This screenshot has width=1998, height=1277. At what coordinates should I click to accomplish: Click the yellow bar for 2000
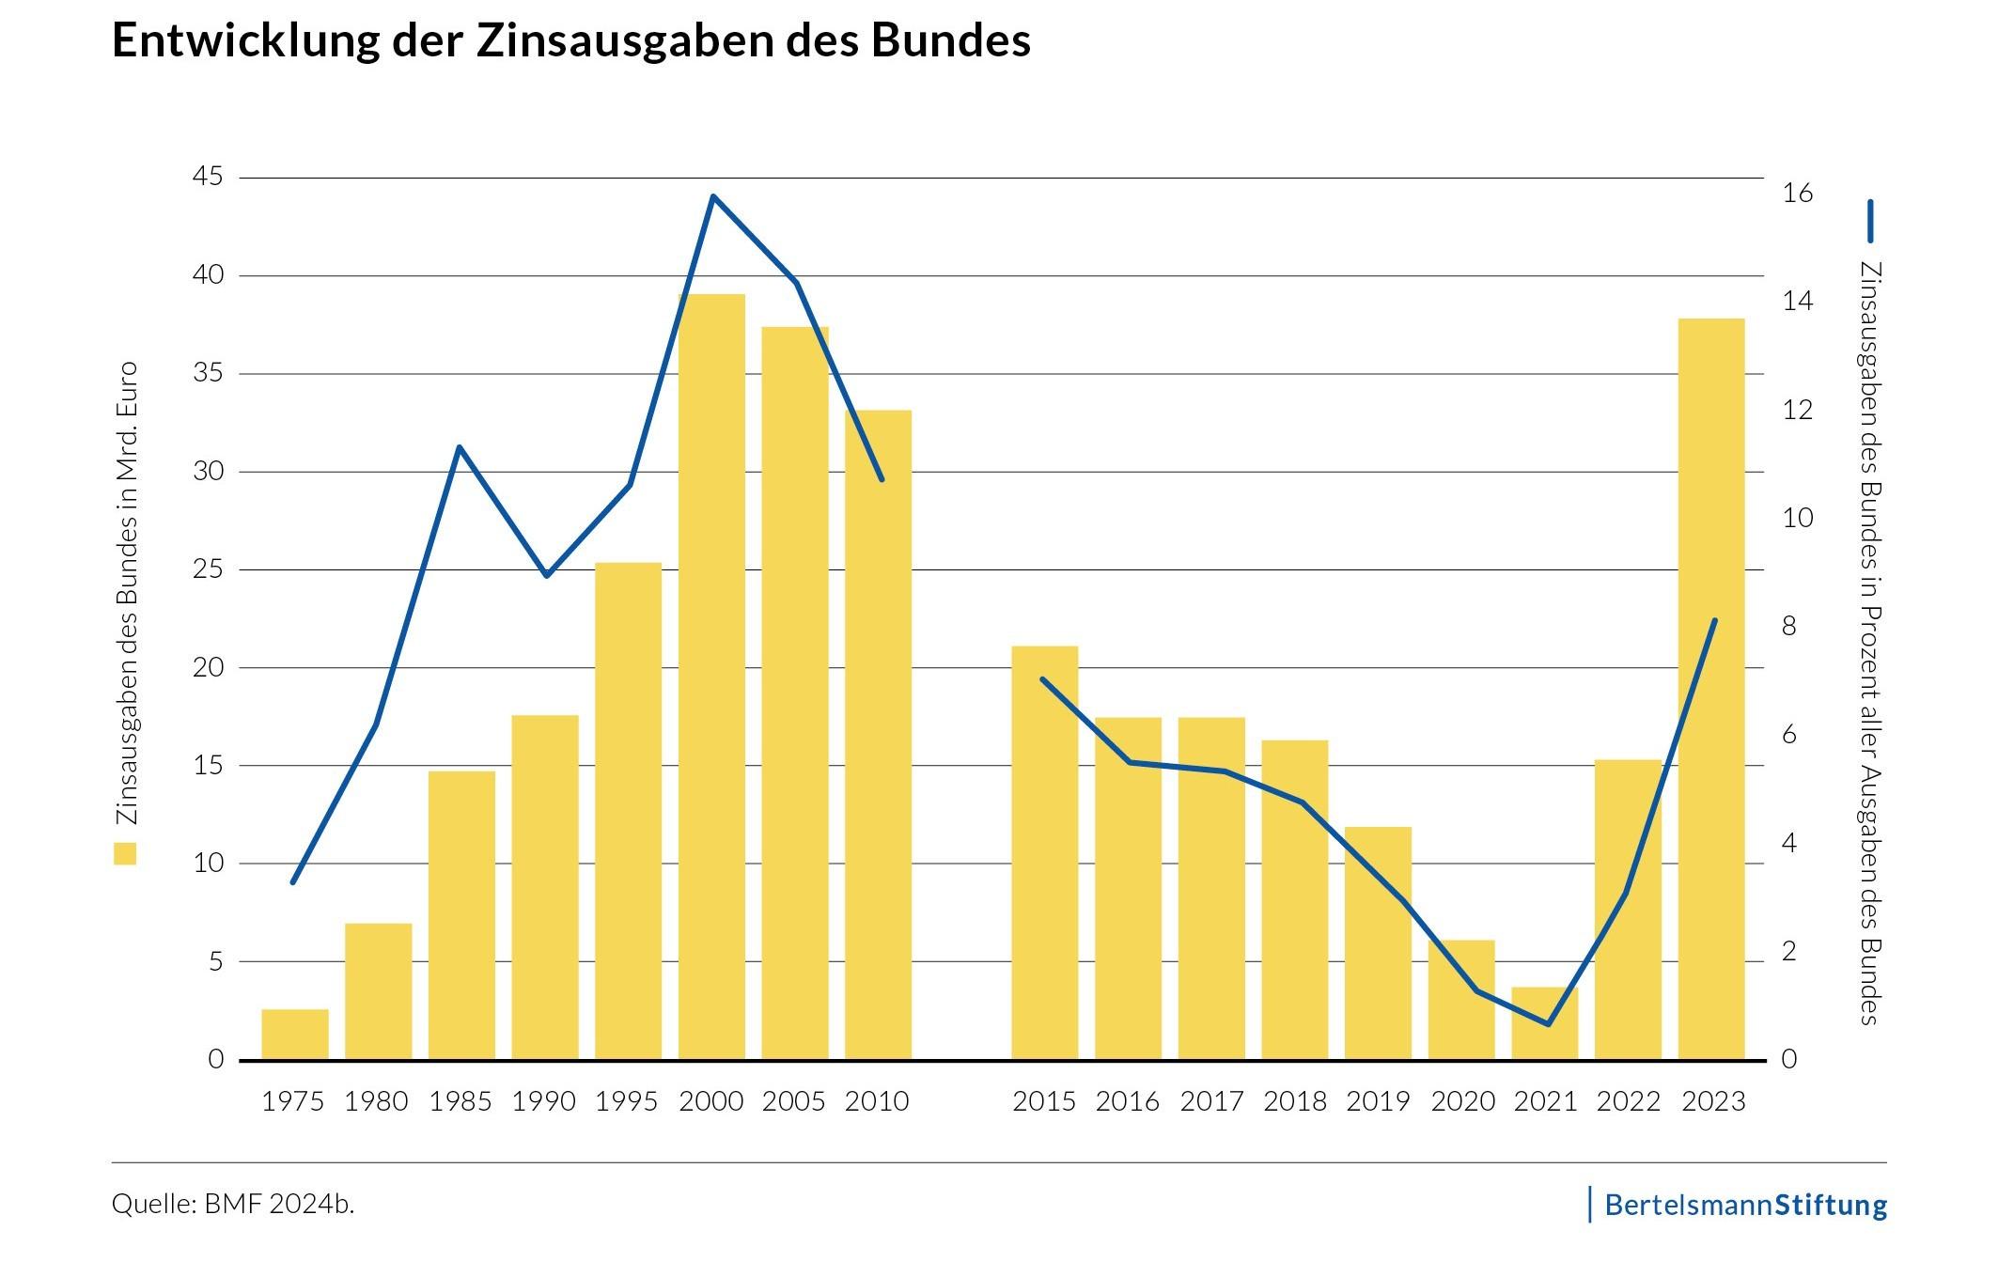point(711,677)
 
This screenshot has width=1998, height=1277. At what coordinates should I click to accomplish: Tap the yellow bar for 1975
point(295,1035)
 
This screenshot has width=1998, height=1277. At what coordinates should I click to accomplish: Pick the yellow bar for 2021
point(1544,1023)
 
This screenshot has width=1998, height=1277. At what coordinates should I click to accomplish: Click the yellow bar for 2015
point(1044,852)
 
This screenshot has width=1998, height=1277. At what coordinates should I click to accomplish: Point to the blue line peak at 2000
point(713,196)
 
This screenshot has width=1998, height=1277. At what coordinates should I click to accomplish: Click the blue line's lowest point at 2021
point(1548,1024)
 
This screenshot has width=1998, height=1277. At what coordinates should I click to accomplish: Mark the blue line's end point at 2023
point(1715,621)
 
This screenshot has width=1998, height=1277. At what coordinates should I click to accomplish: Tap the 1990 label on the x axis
point(543,1101)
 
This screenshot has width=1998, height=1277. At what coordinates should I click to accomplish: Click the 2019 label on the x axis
point(1378,1101)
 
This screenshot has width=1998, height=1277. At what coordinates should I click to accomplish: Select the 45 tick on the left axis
point(209,177)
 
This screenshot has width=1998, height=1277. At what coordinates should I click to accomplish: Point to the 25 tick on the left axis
point(209,569)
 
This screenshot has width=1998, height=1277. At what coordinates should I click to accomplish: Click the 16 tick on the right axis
point(1797,194)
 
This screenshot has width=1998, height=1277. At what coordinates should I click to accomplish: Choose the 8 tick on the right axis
point(1789,627)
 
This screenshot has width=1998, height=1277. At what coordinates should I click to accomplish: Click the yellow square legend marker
point(125,853)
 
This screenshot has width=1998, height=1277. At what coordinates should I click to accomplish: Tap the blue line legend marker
point(1870,221)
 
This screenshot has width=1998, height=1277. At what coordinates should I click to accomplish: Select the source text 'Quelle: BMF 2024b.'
point(233,1204)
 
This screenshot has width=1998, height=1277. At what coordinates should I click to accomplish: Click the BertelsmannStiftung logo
point(1744,1205)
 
